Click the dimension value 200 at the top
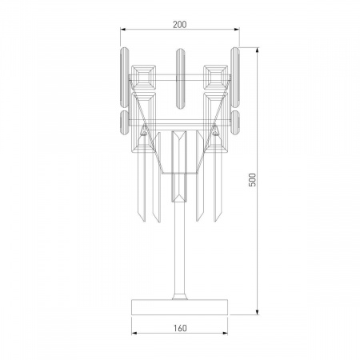(x=179, y=25)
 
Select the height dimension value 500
(x=252, y=181)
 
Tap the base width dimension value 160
(x=179, y=327)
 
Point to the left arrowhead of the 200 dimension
(x=122, y=32)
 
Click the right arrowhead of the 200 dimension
(x=238, y=32)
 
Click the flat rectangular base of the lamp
(x=179, y=308)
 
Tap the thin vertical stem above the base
(x=179, y=256)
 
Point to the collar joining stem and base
(x=179, y=296)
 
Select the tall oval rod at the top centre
(x=179, y=72)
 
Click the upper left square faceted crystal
(x=147, y=77)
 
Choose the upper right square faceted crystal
(x=214, y=77)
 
